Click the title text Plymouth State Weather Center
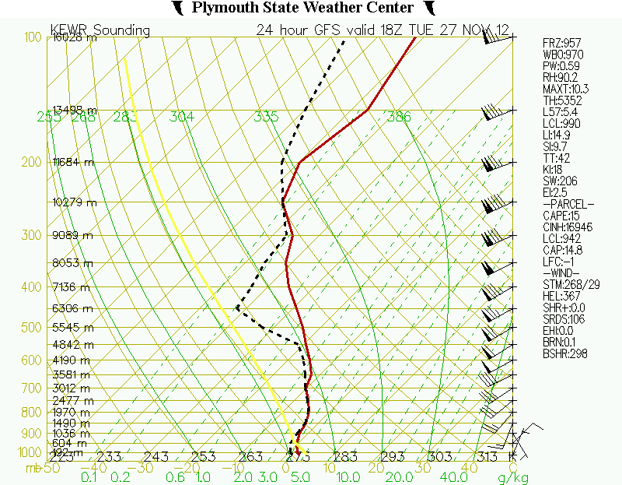(x=302, y=8)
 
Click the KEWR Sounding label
(x=100, y=30)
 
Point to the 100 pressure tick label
(x=32, y=37)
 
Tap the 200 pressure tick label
(x=32, y=162)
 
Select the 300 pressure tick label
(x=32, y=235)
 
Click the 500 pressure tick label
(x=32, y=328)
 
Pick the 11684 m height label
(x=73, y=162)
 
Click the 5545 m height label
(x=73, y=328)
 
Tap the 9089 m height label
(x=73, y=235)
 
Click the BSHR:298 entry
(x=564, y=354)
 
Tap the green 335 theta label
(x=266, y=117)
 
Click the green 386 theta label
(x=398, y=117)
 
